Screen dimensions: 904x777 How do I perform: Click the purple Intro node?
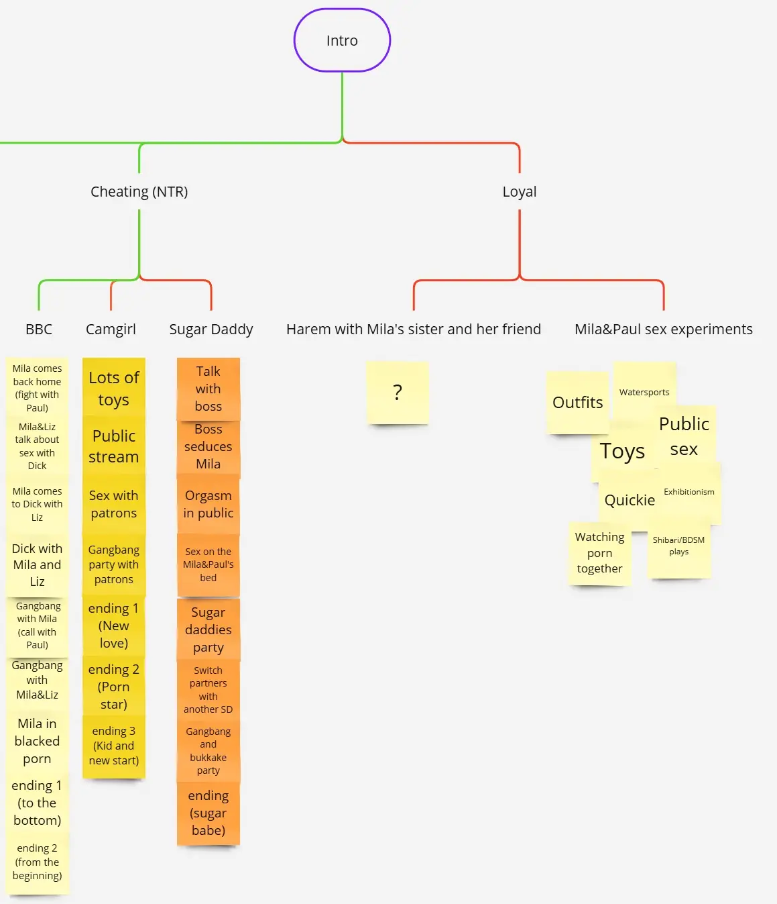pyautogui.click(x=342, y=40)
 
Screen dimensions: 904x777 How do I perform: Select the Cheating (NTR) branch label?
pyautogui.click(x=139, y=192)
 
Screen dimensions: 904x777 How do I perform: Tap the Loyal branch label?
pyautogui.click(x=520, y=192)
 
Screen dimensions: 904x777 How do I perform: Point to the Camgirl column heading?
pyautogui.click(x=111, y=330)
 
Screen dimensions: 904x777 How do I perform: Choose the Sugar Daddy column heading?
pyautogui.click(x=211, y=330)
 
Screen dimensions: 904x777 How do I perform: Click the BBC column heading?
pyautogui.click(x=39, y=330)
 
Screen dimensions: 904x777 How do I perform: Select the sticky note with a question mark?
pyautogui.click(x=398, y=393)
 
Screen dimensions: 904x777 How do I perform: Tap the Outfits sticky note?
pyautogui.click(x=577, y=403)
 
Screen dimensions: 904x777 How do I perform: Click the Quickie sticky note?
pyautogui.click(x=630, y=501)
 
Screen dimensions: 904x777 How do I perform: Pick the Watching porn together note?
pyautogui.click(x=599, y=553)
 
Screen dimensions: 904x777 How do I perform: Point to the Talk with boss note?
pyautogui.click(x=208, y=389)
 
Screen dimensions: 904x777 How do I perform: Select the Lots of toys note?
pyautogui.click(x=114, y=388)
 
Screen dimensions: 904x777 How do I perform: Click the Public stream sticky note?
pyautogui.click(x=114, y=446)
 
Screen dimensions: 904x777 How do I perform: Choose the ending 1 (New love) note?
pyautogui.click(x=114, y=625)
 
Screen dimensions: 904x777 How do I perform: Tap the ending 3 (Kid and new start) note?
pyautogui.click(x=114, y=746)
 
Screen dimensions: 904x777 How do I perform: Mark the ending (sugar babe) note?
pyautogui.click(x=208, y=813)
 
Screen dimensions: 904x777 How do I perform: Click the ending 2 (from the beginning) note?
pyautogui.click(x=38, y=862)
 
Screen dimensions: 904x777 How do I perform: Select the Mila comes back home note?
pyautogui.click(x=38, y=387)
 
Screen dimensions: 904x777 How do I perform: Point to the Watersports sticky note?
pyautogui.click(x=644, y=392)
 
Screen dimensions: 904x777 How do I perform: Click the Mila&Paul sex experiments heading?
pyautogui.click(x=663, y=330)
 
